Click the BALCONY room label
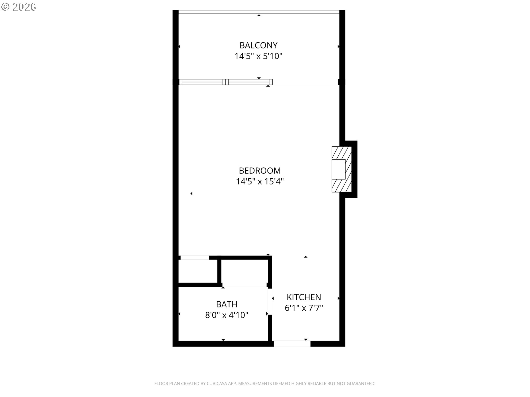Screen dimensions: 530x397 258,45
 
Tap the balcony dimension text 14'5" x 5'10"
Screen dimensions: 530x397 258,56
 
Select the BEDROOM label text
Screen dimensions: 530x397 260,171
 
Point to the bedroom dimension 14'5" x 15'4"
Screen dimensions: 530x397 260,181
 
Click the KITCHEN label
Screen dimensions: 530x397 304,297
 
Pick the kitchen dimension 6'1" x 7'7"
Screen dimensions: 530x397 304,308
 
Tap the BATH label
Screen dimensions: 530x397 227,304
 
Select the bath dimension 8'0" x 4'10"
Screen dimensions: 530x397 227,315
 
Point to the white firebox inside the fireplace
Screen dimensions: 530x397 339,169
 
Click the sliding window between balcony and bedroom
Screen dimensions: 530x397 226,82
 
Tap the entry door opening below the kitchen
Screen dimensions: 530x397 292,344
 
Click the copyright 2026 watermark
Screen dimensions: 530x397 18,7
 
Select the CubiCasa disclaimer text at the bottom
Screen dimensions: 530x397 265,383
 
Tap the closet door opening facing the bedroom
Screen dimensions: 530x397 195,258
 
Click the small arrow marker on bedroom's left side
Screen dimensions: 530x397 191,194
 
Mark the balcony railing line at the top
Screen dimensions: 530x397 259,12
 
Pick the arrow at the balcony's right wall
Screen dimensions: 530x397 338,47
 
